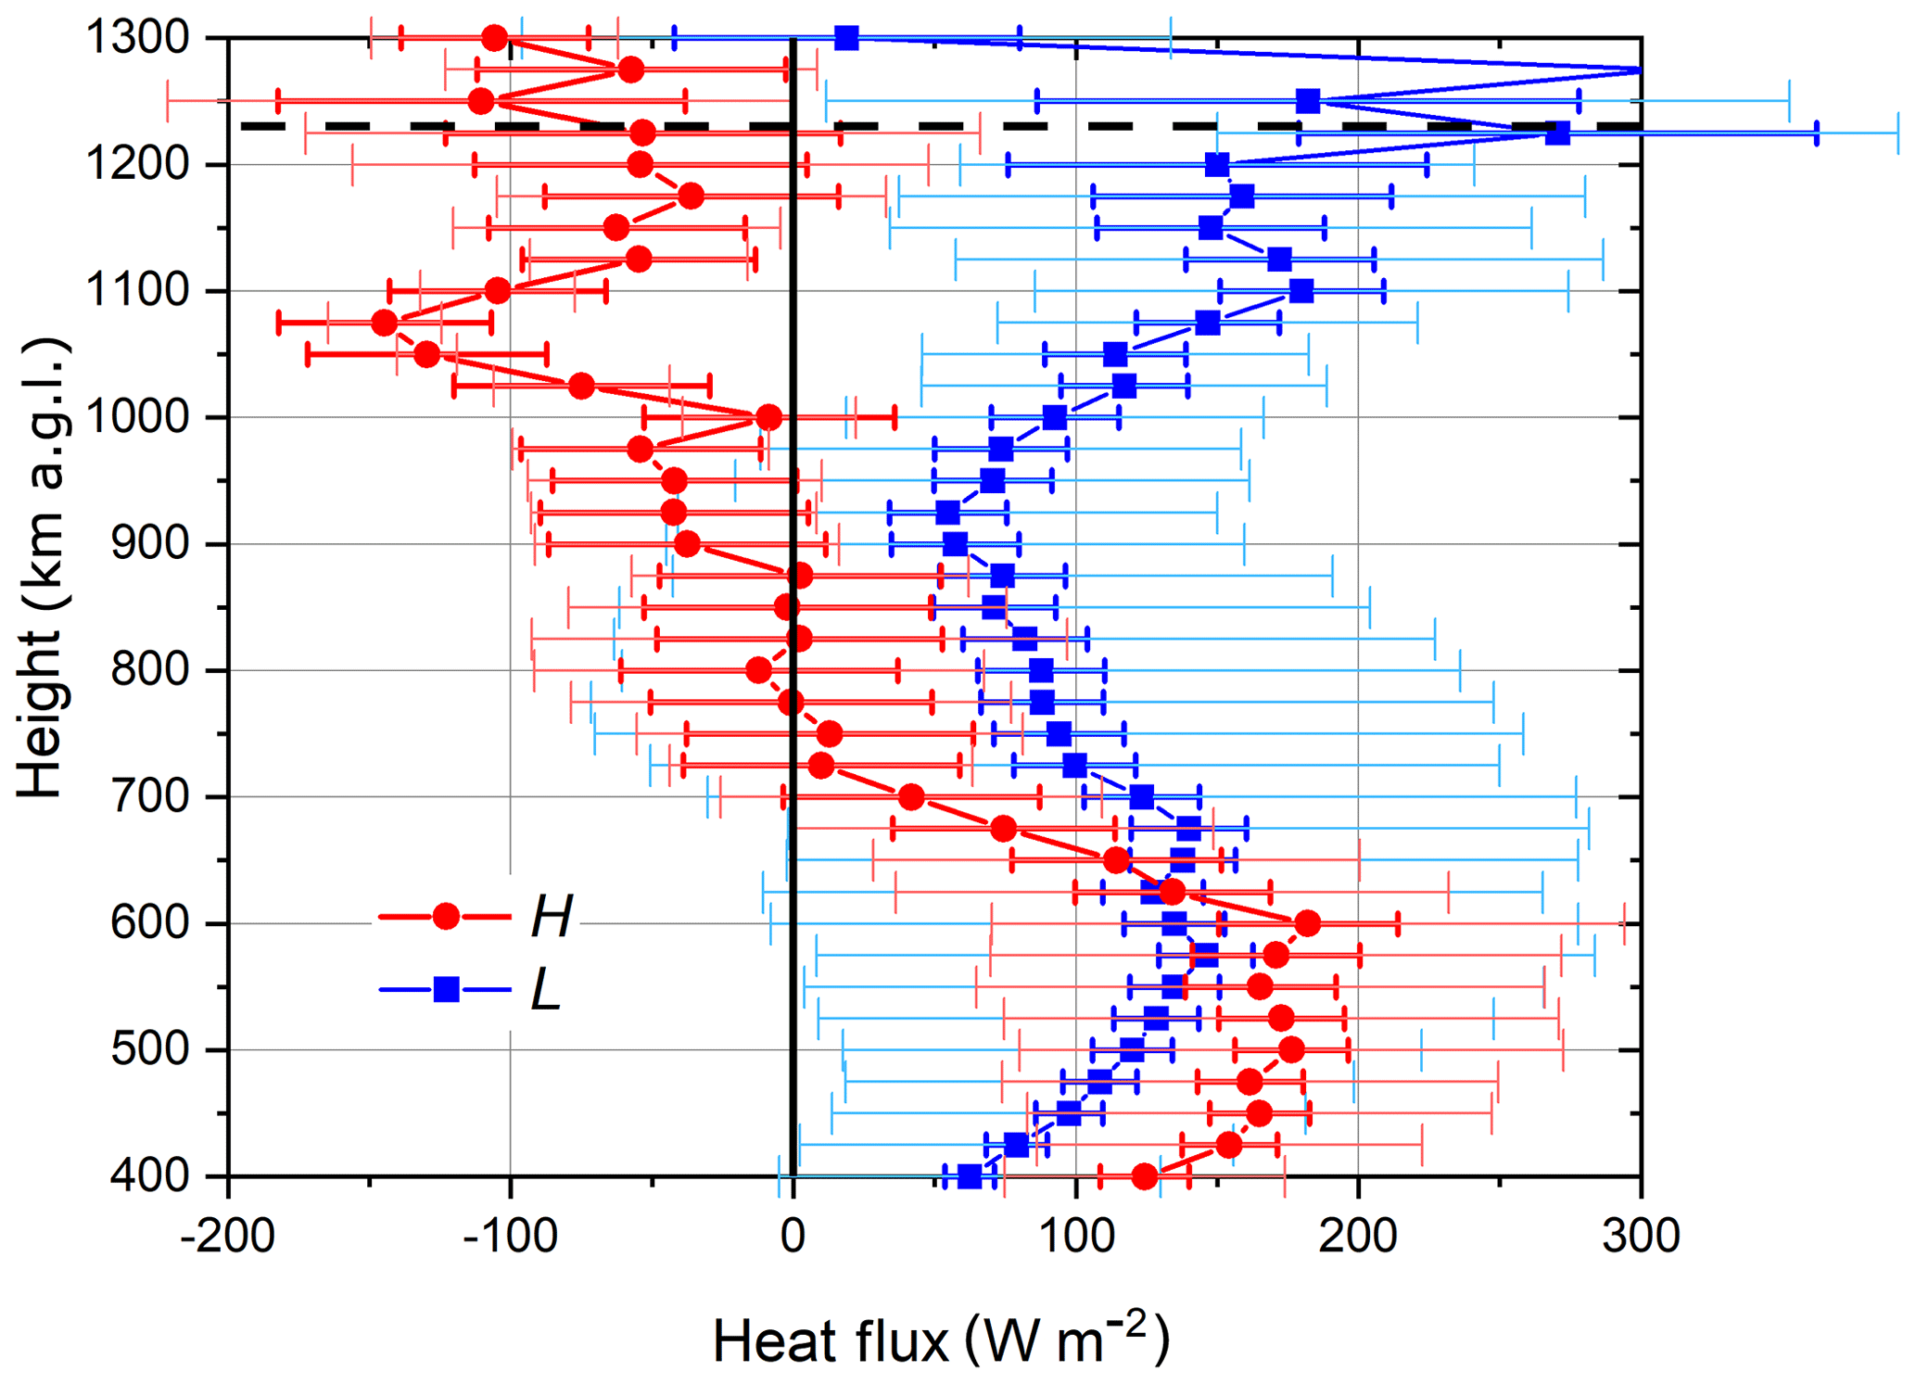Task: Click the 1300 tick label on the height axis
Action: pos(137,38)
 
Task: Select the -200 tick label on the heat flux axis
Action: pos(228,1236)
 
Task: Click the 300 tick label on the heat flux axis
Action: pos(1641,1236)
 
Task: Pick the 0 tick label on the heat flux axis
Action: pos(793,1236)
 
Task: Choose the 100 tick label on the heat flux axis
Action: pos(1075,1236)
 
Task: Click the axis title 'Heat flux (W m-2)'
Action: pos(941,1340)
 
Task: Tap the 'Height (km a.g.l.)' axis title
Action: pos(42,567)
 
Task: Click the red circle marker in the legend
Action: pos(446,917)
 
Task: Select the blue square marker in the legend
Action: pos(446,990)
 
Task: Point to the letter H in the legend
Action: pos(552,917)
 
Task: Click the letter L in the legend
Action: pos(546,990)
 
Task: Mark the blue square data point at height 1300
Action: pos(846,38)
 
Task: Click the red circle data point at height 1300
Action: pos(495,38)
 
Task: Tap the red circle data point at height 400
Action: pos(1145,1176)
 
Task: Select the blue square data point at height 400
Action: pos(970,1176)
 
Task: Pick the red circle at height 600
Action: pos(1307,923)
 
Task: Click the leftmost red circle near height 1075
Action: pos(385,323)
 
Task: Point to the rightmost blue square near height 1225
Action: pos(1558,133)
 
